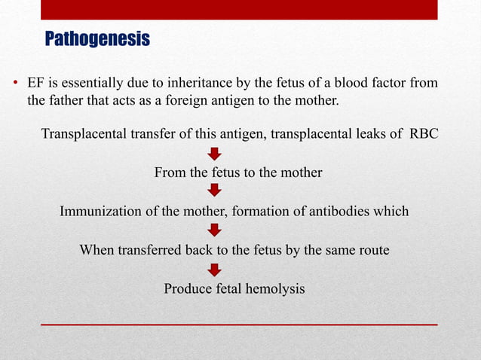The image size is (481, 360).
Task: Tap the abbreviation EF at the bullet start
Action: pyautogui.click(x=35, y=82)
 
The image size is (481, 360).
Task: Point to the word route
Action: pyautogui.click(x=373, y=249)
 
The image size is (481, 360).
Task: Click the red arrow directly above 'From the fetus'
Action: pyautogui.click(x=215, y=154)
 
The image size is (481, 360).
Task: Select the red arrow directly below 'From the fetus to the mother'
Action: pyautogui.click(x=215, y=191)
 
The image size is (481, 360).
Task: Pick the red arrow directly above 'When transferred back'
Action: pyautogui.click(x=215, y=230)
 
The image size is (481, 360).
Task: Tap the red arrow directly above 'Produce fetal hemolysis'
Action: pyautogui.click(x=215, y=269)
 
